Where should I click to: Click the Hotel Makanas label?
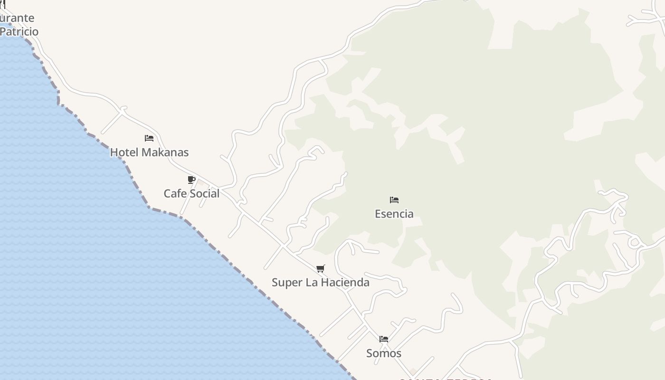pos(149,152)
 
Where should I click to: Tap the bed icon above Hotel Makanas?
pos(149,138)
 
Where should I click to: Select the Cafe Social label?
pos(191,194)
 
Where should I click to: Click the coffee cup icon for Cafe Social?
pos(191,180)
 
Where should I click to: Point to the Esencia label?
pos(394,214)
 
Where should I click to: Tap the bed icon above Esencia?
pos(394,200)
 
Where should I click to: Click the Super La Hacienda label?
pos(320,283)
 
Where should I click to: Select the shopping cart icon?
pos(321,269)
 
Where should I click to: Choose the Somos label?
pos(383,353)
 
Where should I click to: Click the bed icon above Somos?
pos(384,339)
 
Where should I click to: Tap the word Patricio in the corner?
pos(19,32)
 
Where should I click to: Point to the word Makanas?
pos(165,152)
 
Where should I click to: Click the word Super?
pos(286,283)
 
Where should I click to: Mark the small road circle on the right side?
pos(635,243)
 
